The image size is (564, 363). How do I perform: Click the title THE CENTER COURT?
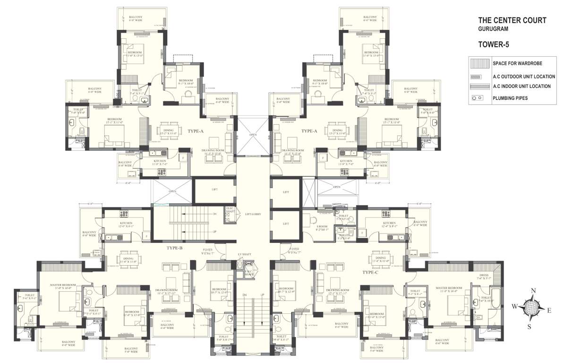[512, 20]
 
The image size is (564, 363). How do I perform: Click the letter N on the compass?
[533, 291]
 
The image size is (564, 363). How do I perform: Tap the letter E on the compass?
[549, 310]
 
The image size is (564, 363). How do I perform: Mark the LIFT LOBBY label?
[253, 214]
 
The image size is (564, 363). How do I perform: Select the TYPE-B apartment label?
[174, 248]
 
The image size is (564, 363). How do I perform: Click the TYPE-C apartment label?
[370, 272]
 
